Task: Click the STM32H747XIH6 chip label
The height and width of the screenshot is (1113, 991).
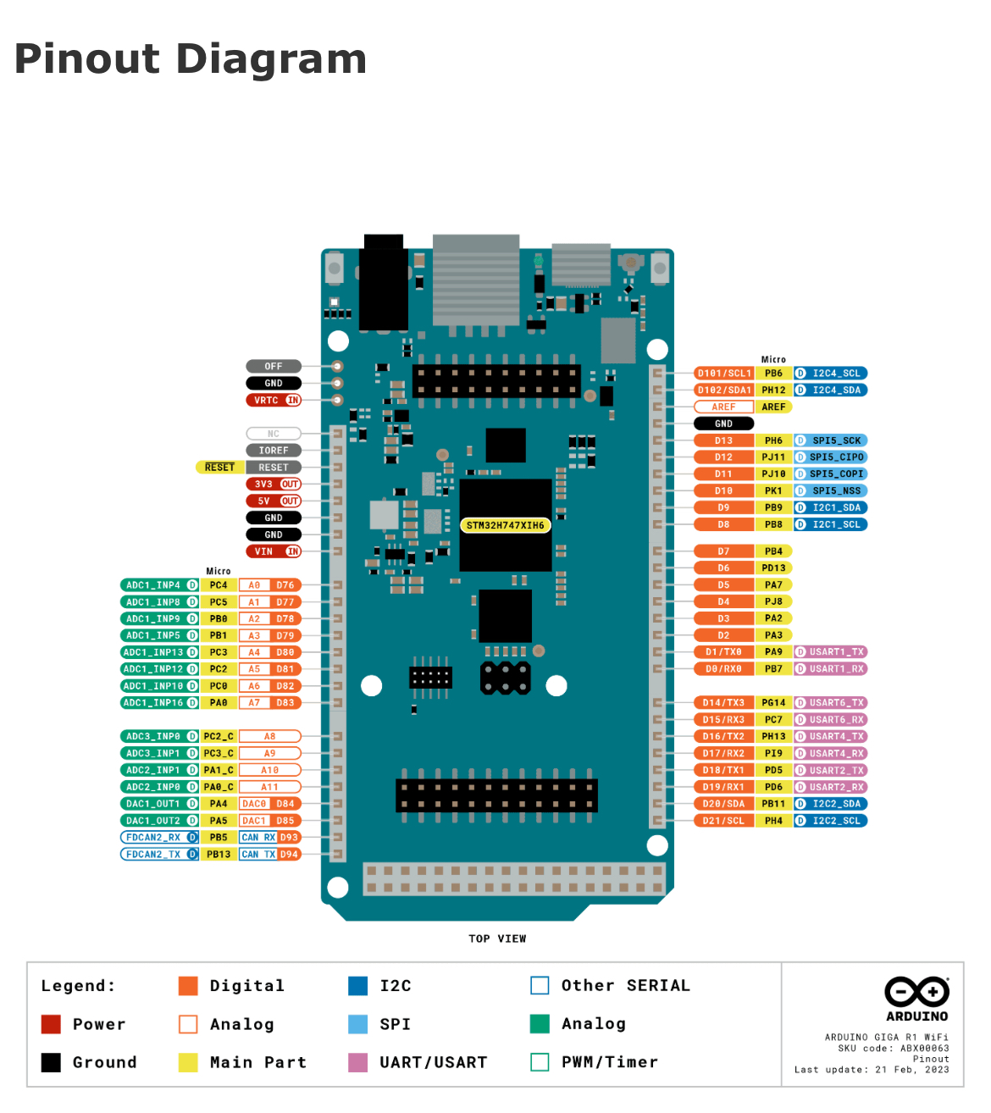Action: click(505, 525)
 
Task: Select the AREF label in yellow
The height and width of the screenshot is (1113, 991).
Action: click(773, 407)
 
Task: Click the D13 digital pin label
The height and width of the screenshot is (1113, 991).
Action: click(723, 440)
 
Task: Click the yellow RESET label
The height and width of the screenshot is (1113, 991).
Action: click(219, 468)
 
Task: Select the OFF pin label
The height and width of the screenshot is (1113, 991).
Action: click(273, 366)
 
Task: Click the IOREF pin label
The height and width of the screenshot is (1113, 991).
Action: click(273, 451)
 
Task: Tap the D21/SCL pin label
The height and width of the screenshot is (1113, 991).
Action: click(723, 821)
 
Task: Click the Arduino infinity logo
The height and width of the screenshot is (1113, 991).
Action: click(916, 992)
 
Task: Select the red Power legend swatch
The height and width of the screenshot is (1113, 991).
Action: click(51, 1024)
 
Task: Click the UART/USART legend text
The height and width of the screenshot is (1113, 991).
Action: click(433, 1062)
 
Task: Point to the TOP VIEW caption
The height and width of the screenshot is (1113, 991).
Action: click(497, 939)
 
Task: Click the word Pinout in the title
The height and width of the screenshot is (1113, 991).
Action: click(87, 59)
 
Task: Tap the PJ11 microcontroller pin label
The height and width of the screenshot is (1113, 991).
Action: click(773, 457)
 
